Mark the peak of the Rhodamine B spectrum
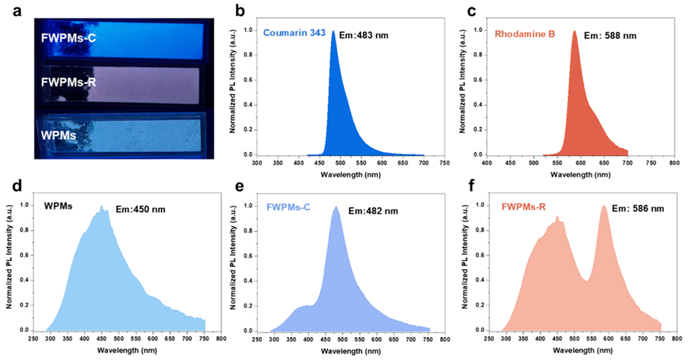[x=574, y=31]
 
